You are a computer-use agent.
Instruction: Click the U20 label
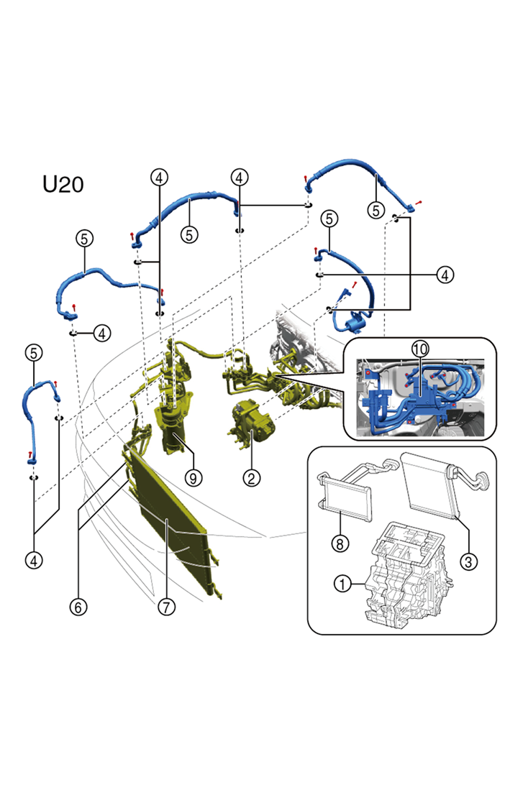[x=63, y=184]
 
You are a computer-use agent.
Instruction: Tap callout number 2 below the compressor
[x=251, y=477]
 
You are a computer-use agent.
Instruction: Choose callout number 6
[x=78, y=607]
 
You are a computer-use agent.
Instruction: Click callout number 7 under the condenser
[x=167, y=607]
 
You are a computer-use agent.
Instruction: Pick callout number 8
[x=339, y=544]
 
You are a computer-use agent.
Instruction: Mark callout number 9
[x=191, y=477]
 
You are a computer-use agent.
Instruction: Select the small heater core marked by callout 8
[x=347, y=500]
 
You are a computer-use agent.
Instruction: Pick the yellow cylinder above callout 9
[x=173, y=431]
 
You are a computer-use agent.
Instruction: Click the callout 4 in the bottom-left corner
[x=34, y=558]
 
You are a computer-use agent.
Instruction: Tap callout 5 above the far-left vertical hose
[x=34, y=352]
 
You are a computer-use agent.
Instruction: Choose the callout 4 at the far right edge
[x=445, y=275]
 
